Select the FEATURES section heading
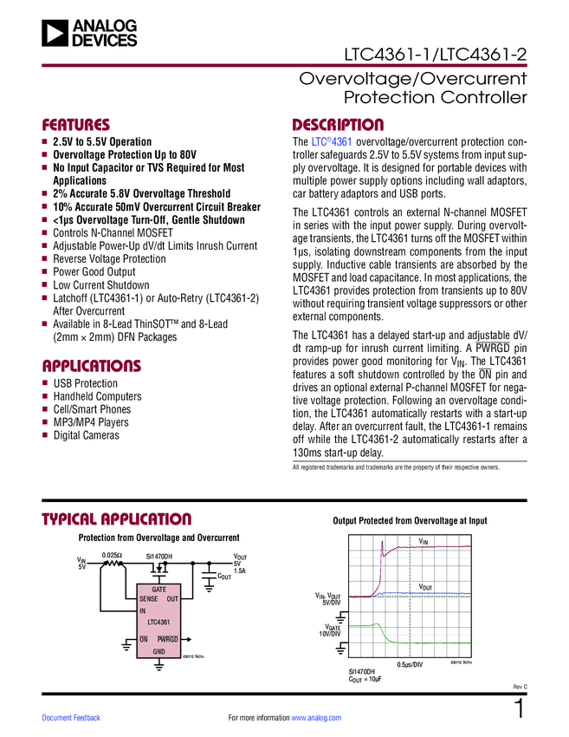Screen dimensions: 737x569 pos(76,124)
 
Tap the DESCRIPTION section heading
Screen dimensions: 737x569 pos(338,124)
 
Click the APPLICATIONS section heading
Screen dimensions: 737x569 pos(92,365)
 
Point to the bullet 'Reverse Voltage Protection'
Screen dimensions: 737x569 pos(109,258)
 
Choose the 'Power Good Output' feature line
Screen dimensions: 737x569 pos(94,271)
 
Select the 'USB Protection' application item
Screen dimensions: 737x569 pos(85,383)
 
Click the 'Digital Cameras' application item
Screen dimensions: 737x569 pos(87,435)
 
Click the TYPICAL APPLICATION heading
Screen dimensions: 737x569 pos(117,519)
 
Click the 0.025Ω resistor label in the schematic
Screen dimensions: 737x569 pos(112,555)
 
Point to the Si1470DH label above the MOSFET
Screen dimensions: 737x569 pos(158,556)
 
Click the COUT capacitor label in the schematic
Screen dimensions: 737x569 pos(223,576)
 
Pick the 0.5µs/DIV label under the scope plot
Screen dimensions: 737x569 pos(409,664)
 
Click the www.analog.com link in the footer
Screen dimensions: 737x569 pos(316,718)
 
